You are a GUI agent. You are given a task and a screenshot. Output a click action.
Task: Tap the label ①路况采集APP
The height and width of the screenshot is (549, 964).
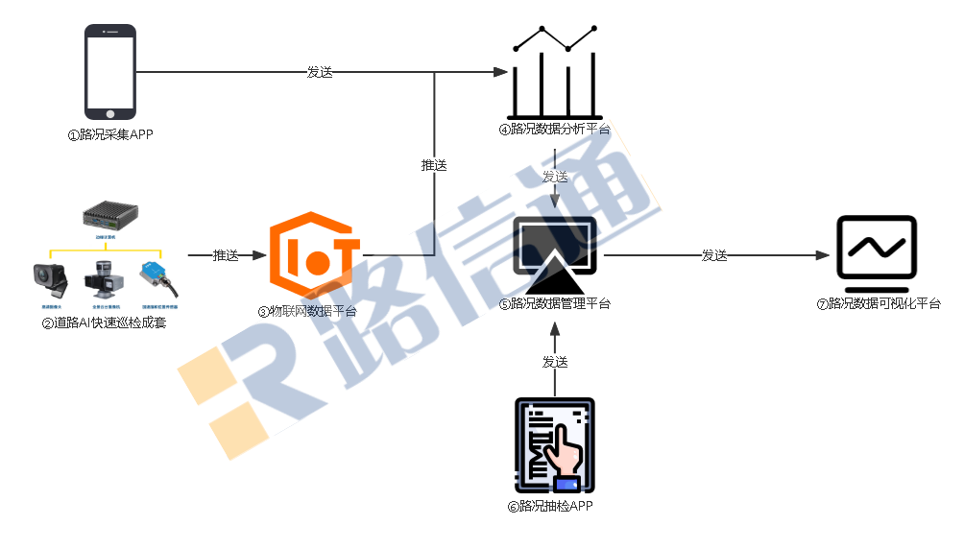(109, 134)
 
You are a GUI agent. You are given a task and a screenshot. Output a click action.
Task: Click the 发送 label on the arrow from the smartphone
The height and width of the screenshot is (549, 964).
(320, 72)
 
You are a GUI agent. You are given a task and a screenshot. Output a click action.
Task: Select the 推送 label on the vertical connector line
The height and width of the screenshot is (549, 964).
(434, 165)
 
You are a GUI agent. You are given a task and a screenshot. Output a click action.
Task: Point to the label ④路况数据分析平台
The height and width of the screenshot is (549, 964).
(553, 129)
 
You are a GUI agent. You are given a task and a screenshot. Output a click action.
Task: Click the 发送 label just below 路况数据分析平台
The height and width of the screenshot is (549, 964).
(555, 177)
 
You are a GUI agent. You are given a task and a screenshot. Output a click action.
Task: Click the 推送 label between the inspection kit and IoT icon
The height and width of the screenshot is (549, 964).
(226, 255)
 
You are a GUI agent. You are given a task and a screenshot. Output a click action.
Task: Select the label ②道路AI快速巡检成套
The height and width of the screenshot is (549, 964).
(104, 323)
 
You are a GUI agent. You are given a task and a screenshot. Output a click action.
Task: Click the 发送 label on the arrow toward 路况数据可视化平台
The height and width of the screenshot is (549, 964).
(714, 255)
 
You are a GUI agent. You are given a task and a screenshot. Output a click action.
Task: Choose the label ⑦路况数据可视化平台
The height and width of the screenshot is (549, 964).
(879, 304)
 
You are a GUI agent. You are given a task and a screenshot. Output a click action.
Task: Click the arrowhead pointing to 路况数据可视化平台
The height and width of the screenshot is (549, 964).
(822, 255)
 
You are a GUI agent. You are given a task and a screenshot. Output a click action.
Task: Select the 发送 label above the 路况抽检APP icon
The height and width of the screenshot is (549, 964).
(555, 362)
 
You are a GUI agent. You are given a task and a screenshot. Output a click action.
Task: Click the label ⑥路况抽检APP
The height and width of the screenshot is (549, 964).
(550, 506)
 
